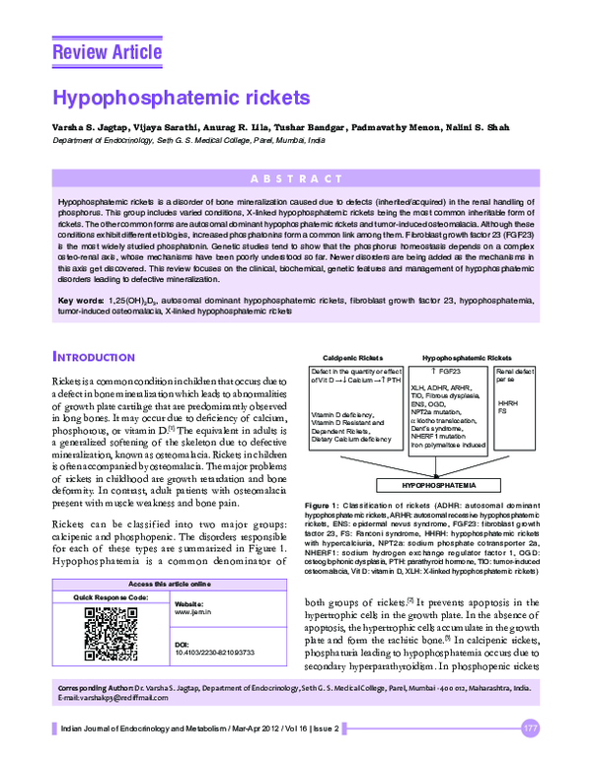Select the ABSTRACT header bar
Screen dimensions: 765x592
[295, 180]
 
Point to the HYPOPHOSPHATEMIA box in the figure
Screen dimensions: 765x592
[434, 486]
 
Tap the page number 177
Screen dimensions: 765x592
[531, 729]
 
